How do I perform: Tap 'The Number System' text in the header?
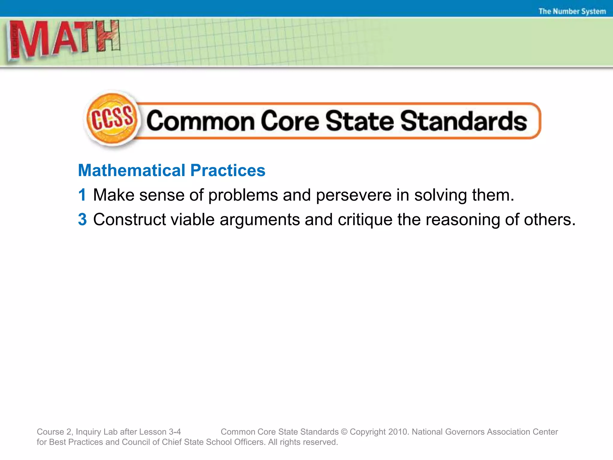click(572, 11)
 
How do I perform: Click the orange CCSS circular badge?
click(112, 120)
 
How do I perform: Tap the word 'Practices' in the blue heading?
click(228, 170)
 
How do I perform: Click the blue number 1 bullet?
click(82, 195)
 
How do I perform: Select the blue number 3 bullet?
click(82, 220)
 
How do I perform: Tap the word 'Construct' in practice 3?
click(129, 220)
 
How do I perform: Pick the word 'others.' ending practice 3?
click(550, 220)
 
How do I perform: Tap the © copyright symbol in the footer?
click(344, 432)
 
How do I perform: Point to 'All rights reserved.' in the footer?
click(303, 442)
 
